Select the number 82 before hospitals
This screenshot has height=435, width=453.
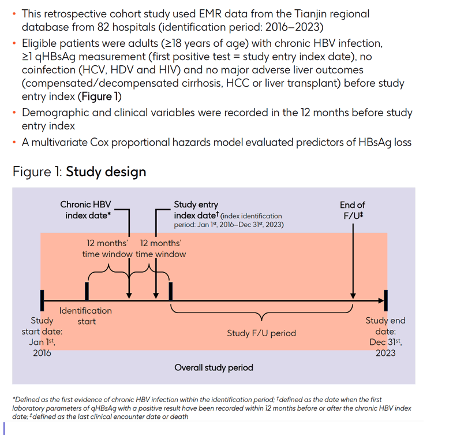click(x=103, y=27)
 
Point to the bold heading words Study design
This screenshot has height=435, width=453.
click(x=106, y=172)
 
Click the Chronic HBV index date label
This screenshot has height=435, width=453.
click(x=85, y=210)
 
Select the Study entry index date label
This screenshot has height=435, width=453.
click(x=196, y=210)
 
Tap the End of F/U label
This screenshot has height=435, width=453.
click(x=353, y=210)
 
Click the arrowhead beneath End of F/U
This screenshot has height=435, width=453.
click(x=353, y=296)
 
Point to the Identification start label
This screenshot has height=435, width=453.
click(x=85, y=316)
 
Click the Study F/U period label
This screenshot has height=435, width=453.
click(x=261, y=333)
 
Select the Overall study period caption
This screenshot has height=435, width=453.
click(x=214, y=367)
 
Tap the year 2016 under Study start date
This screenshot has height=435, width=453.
click(x=42, y=353)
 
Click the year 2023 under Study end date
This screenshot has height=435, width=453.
click(x=385, y=353)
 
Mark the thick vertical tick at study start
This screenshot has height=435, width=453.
click(x=42, y=300)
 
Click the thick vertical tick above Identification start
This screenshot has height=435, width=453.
click(x=87, y=291)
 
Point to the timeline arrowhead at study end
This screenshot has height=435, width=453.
click(x=381, y=301)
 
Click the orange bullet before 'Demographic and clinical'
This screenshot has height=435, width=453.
click(x=14, y=113)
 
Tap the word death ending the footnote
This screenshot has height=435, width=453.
click(x=179, y=417)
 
